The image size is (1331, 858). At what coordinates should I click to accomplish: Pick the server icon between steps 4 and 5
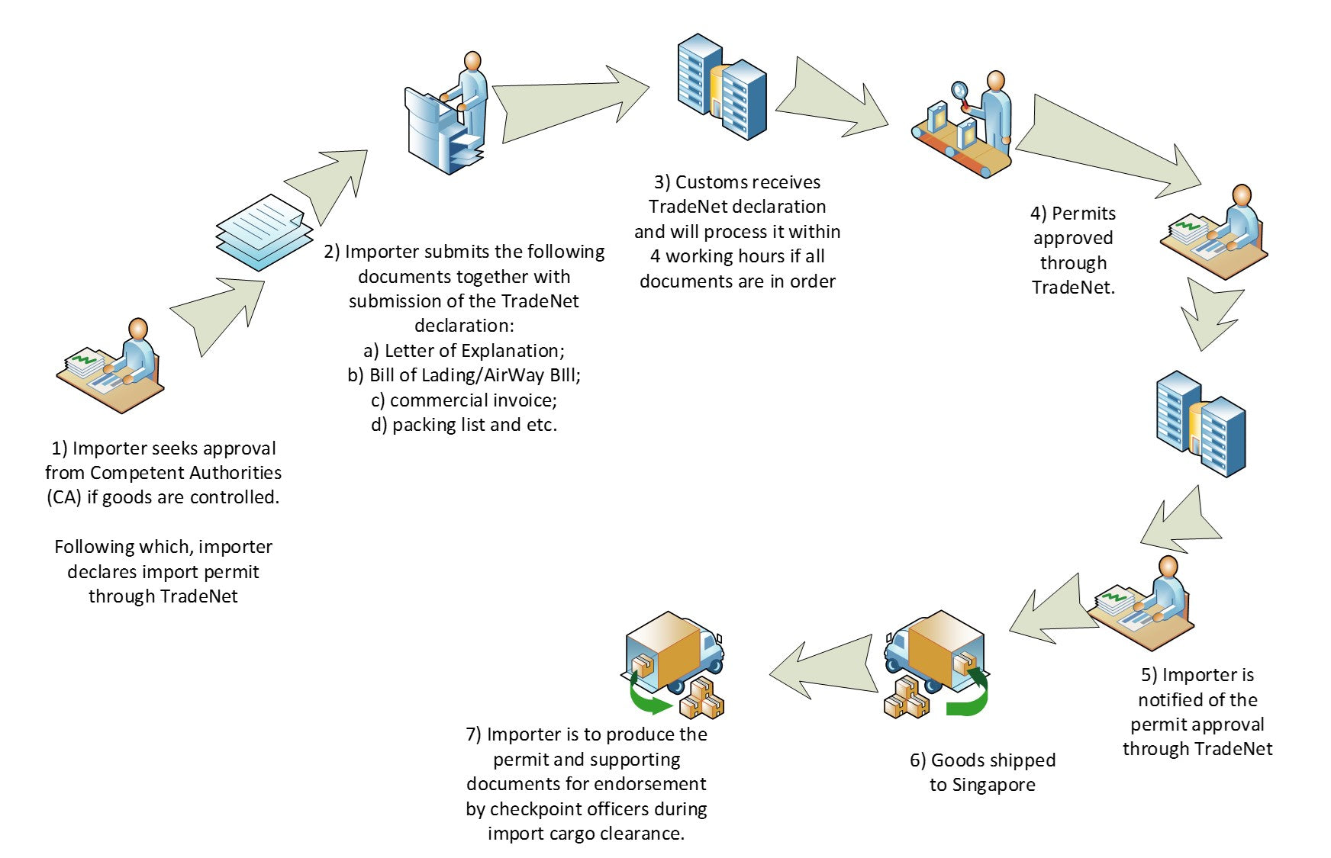(x=1200, y=423)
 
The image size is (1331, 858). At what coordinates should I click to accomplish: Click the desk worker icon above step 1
(x=111, y=366)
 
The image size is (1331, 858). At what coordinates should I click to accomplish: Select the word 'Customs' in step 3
(x=709, y=182)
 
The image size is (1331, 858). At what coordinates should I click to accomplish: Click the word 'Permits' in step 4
(x=1083, y=214)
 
